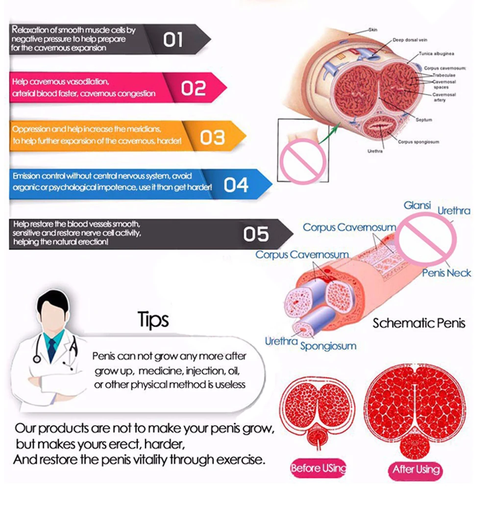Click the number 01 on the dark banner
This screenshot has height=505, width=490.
pyautogui.click(x=173, y=40)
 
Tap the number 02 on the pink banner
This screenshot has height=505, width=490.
pyautogui.click(x=193, y=89)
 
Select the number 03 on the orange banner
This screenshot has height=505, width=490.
pyautogui.click(x=212, y=138)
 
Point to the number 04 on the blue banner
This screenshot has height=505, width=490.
pyautogui.click(x=236, y=185)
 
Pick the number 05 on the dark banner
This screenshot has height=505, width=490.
pyautogui.click(x=256, y=234)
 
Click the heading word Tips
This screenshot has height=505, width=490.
pyautogui.click(x=153, y=320)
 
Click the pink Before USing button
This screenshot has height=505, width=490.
pyautogui.click(x=318, y=468)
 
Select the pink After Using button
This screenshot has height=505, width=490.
pyautogui.click(x=416, y=470)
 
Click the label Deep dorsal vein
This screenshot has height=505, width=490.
pyautogui.click(x=408, y=40)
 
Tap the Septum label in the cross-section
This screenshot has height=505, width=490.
pyautogui.click(x=424, y=120)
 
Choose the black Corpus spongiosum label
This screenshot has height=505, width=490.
pyautogui.click(x=418, y=142)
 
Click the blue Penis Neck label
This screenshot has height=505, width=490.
pyautogui.click(x=446, y=273)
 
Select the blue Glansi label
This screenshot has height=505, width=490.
pyautogui.click(x=417, y=205)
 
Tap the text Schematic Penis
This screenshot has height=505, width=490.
pyautogui.click(x=418, y=323)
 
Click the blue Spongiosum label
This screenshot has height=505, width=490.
pyautogui.click(x=328, y=346)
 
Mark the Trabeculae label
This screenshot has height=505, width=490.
pyautogui.click(x=443, y=75)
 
